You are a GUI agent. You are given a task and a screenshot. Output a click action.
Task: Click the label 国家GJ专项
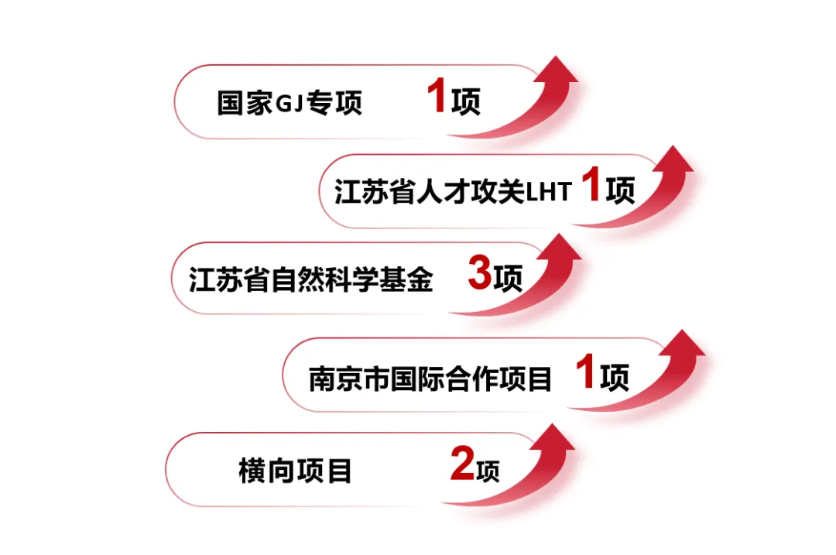pyautogui.click(x=290, y=103)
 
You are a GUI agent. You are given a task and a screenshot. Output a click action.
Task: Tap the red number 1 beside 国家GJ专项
pyautogui.click(x=437, y=100)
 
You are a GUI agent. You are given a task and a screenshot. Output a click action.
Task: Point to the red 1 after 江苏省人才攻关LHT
pyautogui.click(x=591, y=188)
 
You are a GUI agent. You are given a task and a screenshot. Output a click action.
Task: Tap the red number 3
pyautogui.click(x=480, y=276)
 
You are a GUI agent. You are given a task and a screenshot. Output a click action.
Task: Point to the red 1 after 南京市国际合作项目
pyautogui.click(x=586, y=375)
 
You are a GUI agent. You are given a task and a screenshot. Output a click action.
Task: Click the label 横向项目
pyautogui.click(x=295, y=471)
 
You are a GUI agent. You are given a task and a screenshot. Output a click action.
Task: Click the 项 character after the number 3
pyautogui.click(x=508, y=279)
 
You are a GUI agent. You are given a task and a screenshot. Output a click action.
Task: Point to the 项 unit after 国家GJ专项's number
pyautogui.click(x=465, y=103)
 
